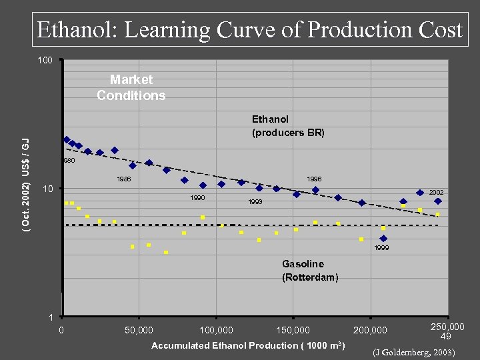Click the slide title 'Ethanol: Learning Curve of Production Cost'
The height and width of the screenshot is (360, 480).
pyautogui.click(x=249, y=30)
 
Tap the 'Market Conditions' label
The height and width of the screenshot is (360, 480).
pyautogui.click(x=131, y=88)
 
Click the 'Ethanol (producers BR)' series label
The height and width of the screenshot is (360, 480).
pyautogui.click(x=287, y=126)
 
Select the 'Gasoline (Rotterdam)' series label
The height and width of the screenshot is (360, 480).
pyautogui.click(x=310, y=271)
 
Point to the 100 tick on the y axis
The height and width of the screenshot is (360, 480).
pyautogui.click(x=45, y=61)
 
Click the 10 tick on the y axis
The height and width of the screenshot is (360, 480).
pyautogui.click(x=47, y=189)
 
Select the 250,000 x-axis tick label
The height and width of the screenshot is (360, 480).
pyautogui.click(x=447, y=327)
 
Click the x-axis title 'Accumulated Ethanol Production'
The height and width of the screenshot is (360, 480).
pyautogui.click(x=247, y=345)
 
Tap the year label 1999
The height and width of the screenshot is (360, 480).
pyautogui.click(x=381, y=247)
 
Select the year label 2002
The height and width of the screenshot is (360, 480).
pyautogui.click(x=436, y=193)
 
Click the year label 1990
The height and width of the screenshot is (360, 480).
pyautogui.click(x=197, y=198)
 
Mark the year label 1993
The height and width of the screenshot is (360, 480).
pyautogui.click(x=255, y=201)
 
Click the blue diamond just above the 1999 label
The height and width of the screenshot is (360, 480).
pyautogui.click(x=383, y=238)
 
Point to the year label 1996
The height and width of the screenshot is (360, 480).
pyautogui.click(x=313, y=179)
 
